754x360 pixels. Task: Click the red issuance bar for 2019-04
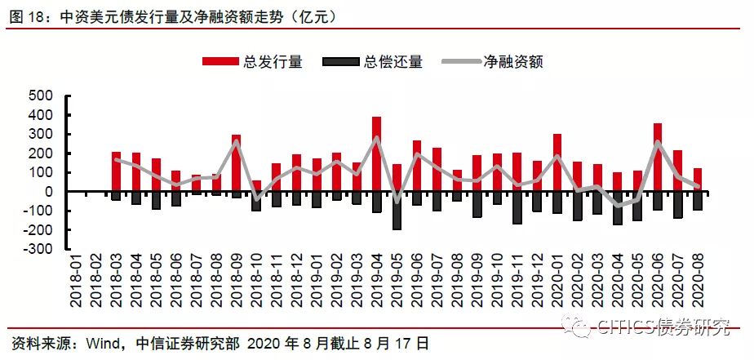376,154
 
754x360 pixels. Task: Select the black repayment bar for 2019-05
397,211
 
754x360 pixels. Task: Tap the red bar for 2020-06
658,158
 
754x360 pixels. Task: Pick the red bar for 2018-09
236,163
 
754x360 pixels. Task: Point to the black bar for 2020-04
618,208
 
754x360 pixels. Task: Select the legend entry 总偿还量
373,61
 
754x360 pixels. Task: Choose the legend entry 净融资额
492,61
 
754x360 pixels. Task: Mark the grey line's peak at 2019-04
376,138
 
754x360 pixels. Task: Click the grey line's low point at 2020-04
618,206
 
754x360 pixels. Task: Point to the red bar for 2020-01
557,162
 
